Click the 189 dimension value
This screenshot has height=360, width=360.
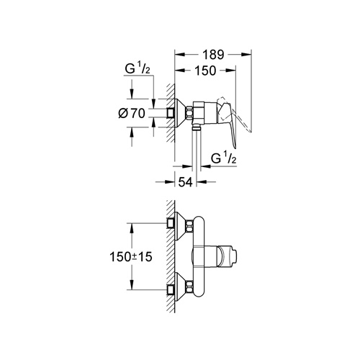pyautogui.click(x=212, y=54)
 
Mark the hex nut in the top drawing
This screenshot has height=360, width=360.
pyautogui.click(x=189, y=112)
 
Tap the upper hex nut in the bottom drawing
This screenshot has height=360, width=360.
pyautogui.click(x=189, y=225)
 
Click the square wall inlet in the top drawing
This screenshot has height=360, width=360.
pyautogui.click(x=171, y=112)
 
